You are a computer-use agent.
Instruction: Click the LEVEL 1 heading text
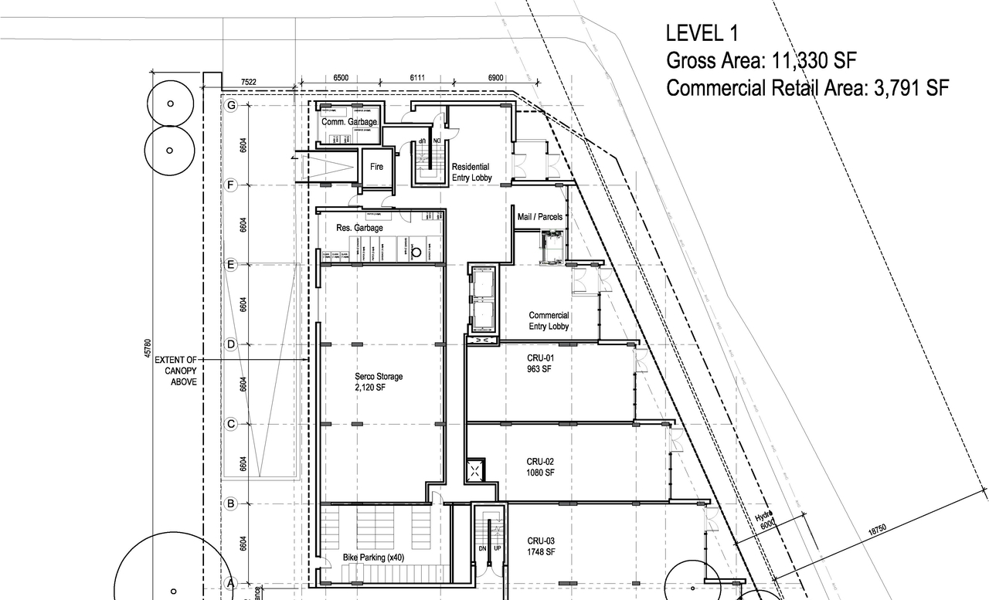(x=702, y=33)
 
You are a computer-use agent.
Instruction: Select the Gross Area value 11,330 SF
(x=815, y=60)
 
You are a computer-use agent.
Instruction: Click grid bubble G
(x=230, y=105)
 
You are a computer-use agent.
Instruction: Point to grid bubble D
(x=230, y=344)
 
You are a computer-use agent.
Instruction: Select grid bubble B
(x=230, y=503)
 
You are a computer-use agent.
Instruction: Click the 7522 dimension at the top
(x=249, y=80)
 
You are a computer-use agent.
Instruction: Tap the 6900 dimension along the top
(x=496, y=79)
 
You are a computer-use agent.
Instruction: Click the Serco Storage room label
(x=379, y=381)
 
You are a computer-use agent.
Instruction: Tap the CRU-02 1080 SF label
(x=541, y=466)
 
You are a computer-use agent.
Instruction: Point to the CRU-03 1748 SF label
(x=541, y=546)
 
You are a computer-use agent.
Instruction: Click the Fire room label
(x=376, y=167)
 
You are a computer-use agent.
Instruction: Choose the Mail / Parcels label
(x=539, y=217)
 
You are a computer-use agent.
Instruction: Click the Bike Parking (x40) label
(x=373, y=558)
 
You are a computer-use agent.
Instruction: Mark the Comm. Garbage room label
(x=349, y=122)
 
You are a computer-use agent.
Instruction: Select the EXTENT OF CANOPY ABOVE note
(x=176, y=371)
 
